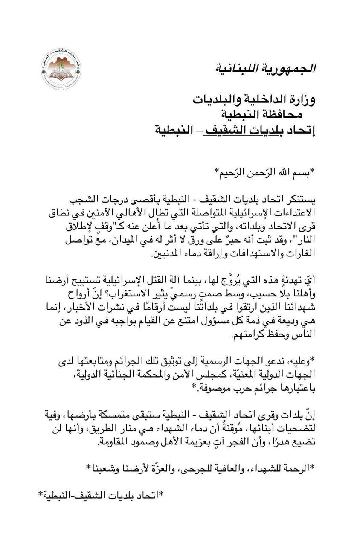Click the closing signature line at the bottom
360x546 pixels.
click(101, 495)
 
